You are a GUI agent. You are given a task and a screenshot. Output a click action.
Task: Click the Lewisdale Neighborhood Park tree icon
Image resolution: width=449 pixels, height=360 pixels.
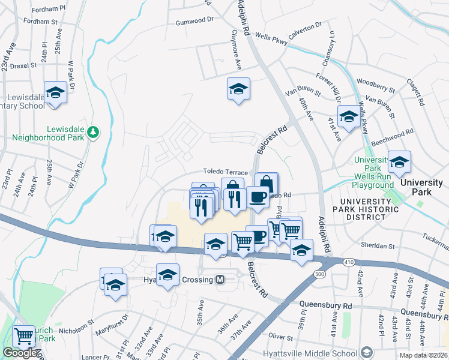click(x=92, y=131)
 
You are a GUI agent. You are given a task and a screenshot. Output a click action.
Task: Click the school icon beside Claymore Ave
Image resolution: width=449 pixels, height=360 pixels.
click(x=238, y=89)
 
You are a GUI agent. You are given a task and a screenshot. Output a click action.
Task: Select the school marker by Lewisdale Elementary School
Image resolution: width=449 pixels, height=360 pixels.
click(x=55, y=93)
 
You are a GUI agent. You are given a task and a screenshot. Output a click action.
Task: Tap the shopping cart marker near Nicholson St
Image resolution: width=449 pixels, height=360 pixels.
click(x=23, y=337)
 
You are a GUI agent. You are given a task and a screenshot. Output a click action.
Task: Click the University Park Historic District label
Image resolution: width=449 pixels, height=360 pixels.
click(x=369, y=209)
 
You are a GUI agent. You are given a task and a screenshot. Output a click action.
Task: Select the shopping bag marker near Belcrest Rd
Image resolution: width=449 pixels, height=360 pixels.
click(x=266, y=183)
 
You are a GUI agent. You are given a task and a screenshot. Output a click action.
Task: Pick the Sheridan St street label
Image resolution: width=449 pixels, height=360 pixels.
click(x=377, y=245)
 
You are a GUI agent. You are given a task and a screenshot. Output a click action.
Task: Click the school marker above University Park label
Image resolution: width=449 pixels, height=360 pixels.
click(x=399, y=161)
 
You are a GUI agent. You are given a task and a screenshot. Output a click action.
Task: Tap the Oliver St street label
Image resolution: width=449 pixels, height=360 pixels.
click(x=280, y=337)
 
